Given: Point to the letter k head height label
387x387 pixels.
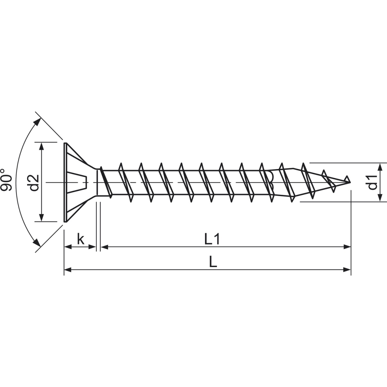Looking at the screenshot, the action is pos(81,239).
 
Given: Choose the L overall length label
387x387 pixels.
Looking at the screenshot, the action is pos(213,262).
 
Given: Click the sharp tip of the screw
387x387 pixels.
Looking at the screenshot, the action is pos(350,182).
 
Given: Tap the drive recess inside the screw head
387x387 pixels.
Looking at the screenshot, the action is pos(77,182).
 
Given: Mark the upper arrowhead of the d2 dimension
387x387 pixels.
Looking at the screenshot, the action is pos(41,146).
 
